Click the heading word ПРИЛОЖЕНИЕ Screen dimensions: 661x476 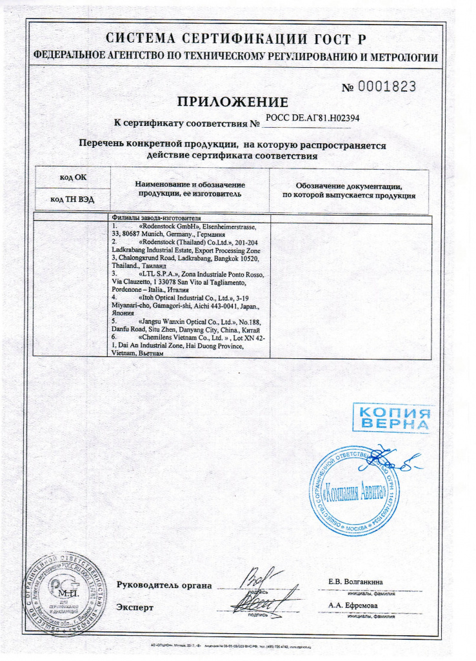[233, 102]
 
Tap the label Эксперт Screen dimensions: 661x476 [135, 607]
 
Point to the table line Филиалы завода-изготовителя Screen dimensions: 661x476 [157, 218]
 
